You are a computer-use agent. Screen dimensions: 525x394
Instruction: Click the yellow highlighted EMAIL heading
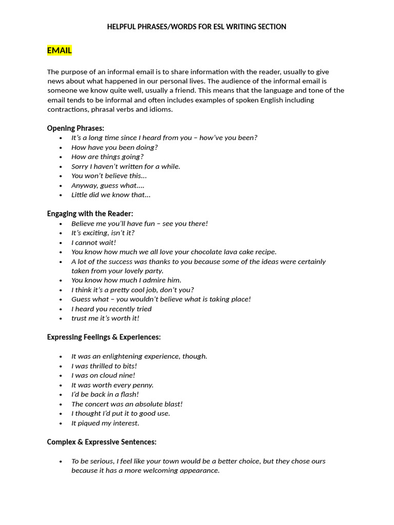[59, 50]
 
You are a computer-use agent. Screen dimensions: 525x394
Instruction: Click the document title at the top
[196, 27]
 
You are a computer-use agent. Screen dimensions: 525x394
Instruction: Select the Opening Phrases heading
[75, 128]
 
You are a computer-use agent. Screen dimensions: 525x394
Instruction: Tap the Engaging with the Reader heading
[90, 214]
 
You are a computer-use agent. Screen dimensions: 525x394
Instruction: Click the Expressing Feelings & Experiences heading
[104, 337]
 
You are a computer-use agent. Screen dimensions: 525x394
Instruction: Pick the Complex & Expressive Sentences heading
[102, 442]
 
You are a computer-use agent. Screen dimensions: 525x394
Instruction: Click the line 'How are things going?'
[107, 157]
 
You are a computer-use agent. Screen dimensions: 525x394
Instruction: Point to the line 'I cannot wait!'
[93, 243]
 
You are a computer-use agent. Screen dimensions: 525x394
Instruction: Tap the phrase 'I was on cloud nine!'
[103, 375]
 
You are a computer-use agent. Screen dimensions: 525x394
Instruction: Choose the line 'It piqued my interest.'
[105, 423]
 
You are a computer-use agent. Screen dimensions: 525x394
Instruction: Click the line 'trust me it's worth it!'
[105, 318]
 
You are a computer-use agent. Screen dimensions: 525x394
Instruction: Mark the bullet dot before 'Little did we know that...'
[61, 195]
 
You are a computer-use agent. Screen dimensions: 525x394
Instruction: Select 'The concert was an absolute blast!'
[127, 404]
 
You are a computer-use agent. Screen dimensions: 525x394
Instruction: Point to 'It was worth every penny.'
[112, 385]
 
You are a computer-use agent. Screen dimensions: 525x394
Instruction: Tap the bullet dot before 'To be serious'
[61, 461]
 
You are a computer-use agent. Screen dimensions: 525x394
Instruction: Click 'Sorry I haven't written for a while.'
[126, 167]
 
